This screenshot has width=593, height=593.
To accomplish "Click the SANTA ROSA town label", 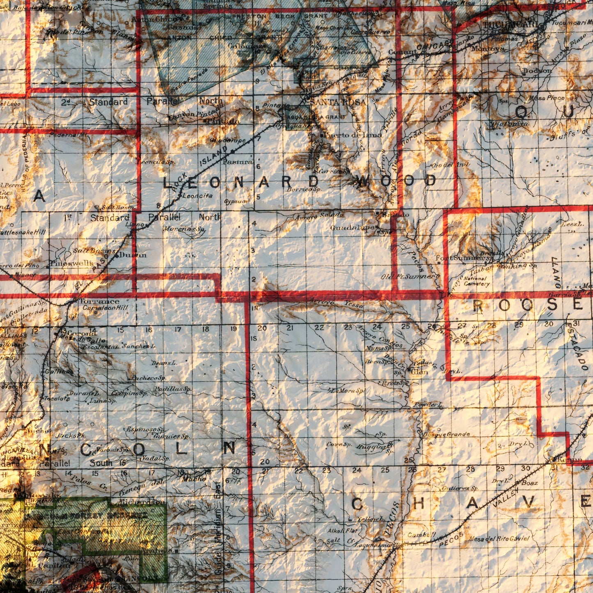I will click(338, 102).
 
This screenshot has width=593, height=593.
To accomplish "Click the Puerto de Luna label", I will click(353, 135).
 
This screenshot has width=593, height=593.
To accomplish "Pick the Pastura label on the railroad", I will click(238, 162).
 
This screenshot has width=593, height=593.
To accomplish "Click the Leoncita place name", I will click(197, 196).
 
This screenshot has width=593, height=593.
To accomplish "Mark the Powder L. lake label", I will click(428, 405).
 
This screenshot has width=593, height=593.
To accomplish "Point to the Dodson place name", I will click(537, 71).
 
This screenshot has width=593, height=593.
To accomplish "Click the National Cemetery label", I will click(476, 281).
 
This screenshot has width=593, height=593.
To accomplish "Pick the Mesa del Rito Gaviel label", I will click(499, 538).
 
